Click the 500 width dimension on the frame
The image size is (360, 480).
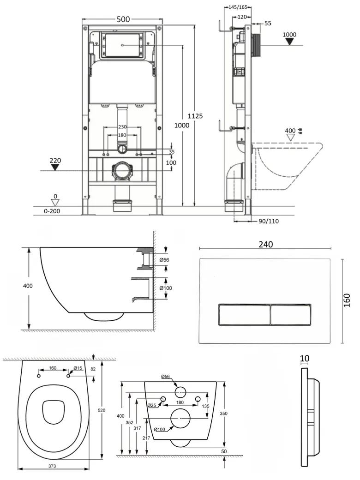click(x=123, y=19)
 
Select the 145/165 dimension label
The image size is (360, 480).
click(x=238, y=7)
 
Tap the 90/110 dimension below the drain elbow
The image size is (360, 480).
click(x=268, y=221)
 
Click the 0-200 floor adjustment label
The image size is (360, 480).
click(x=52, y=211)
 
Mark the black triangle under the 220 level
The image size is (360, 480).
click(x=55, y=168)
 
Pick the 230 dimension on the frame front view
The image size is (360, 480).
click(x=122, y=127)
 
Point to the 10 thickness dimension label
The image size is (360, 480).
click(x=304, y=358)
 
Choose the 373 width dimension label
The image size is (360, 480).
click(x=52, y=467)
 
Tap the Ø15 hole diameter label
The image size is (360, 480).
click(x=78, y=368)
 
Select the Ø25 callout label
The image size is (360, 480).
click(x=151, y=405)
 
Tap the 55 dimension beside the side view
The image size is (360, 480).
click(x=268, y=23)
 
